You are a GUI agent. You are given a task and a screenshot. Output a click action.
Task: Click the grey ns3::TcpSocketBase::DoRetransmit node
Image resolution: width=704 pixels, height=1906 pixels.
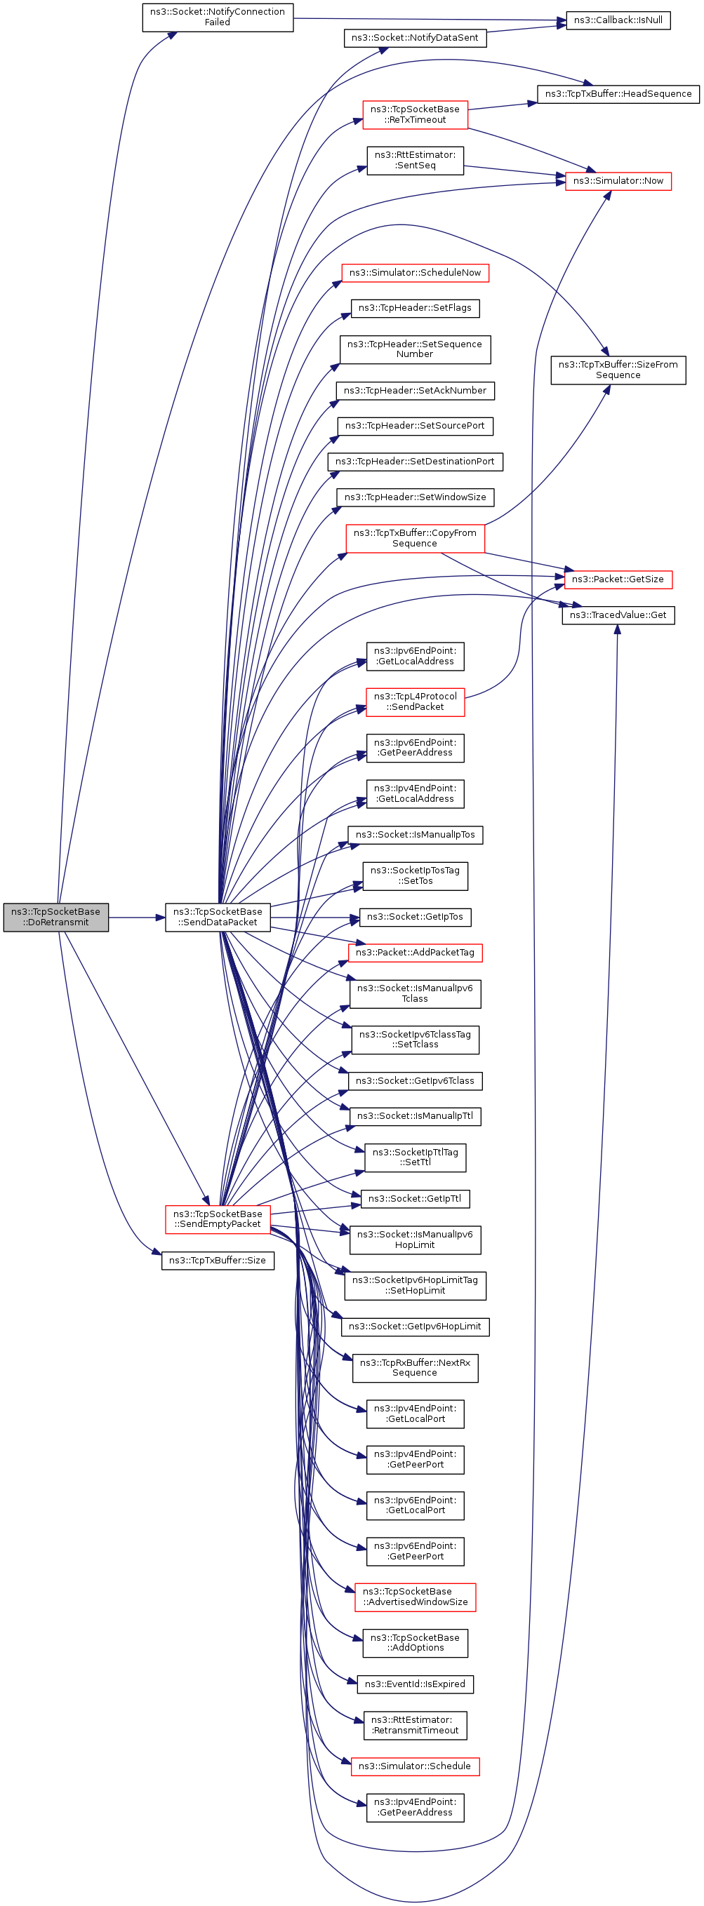[55, 917]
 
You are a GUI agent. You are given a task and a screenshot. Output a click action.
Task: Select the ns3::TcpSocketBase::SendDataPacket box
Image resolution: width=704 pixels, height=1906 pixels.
[218, 917]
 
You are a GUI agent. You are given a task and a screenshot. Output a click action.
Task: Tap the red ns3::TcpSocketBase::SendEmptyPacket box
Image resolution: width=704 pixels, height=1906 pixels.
[218, 1219]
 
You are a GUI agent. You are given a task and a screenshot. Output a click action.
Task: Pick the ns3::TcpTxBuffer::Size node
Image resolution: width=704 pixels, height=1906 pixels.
[218, 1260]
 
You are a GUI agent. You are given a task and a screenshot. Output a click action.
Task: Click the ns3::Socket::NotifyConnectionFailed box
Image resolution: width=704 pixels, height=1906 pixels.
[218, 17]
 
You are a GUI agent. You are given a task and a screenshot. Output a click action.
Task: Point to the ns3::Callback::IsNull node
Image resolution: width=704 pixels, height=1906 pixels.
[618, 20]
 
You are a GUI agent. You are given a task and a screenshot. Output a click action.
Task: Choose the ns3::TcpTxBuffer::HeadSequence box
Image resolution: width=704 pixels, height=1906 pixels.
[618, 94]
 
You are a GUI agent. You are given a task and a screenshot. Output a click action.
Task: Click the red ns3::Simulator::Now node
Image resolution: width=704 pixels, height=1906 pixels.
[618, 180]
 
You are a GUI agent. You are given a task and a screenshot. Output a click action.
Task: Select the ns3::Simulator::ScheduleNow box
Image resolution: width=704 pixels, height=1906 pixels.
[415, 273]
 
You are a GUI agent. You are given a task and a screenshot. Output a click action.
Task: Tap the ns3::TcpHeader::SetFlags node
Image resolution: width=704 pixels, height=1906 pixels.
[415, 308]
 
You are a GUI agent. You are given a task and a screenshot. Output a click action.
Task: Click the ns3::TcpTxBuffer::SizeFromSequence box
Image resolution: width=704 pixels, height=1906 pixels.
[618, 370]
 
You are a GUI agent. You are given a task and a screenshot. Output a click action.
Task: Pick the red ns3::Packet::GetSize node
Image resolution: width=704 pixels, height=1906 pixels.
[618, 579]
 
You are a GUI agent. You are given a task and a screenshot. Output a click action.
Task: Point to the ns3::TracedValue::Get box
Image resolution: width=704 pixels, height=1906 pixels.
[618, 615]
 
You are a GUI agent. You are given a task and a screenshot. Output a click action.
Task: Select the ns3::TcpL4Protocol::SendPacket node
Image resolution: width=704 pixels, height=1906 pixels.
[416, 702]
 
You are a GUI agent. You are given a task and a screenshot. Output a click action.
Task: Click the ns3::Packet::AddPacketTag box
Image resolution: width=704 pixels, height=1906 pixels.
[415, 952]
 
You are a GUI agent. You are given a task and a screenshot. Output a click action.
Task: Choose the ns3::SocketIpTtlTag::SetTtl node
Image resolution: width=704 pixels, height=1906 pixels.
[416, 1157]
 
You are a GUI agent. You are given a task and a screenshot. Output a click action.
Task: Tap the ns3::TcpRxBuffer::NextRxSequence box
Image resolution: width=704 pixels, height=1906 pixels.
[416, 1367]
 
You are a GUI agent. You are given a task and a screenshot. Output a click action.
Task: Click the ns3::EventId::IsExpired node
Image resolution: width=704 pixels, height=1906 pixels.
[416, 1684]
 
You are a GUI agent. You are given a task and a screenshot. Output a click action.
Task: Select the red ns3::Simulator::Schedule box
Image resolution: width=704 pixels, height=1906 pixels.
[415, 1766]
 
